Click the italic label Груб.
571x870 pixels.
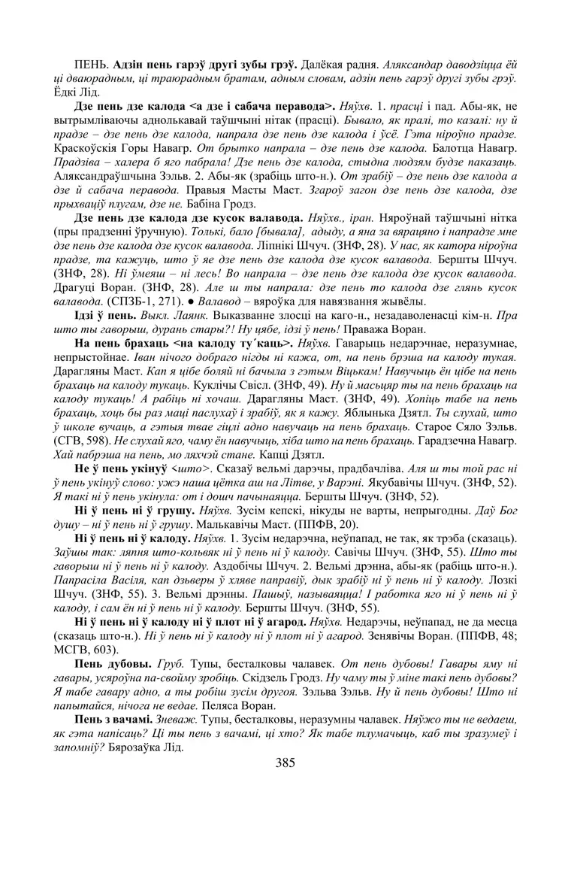point(171,665)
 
